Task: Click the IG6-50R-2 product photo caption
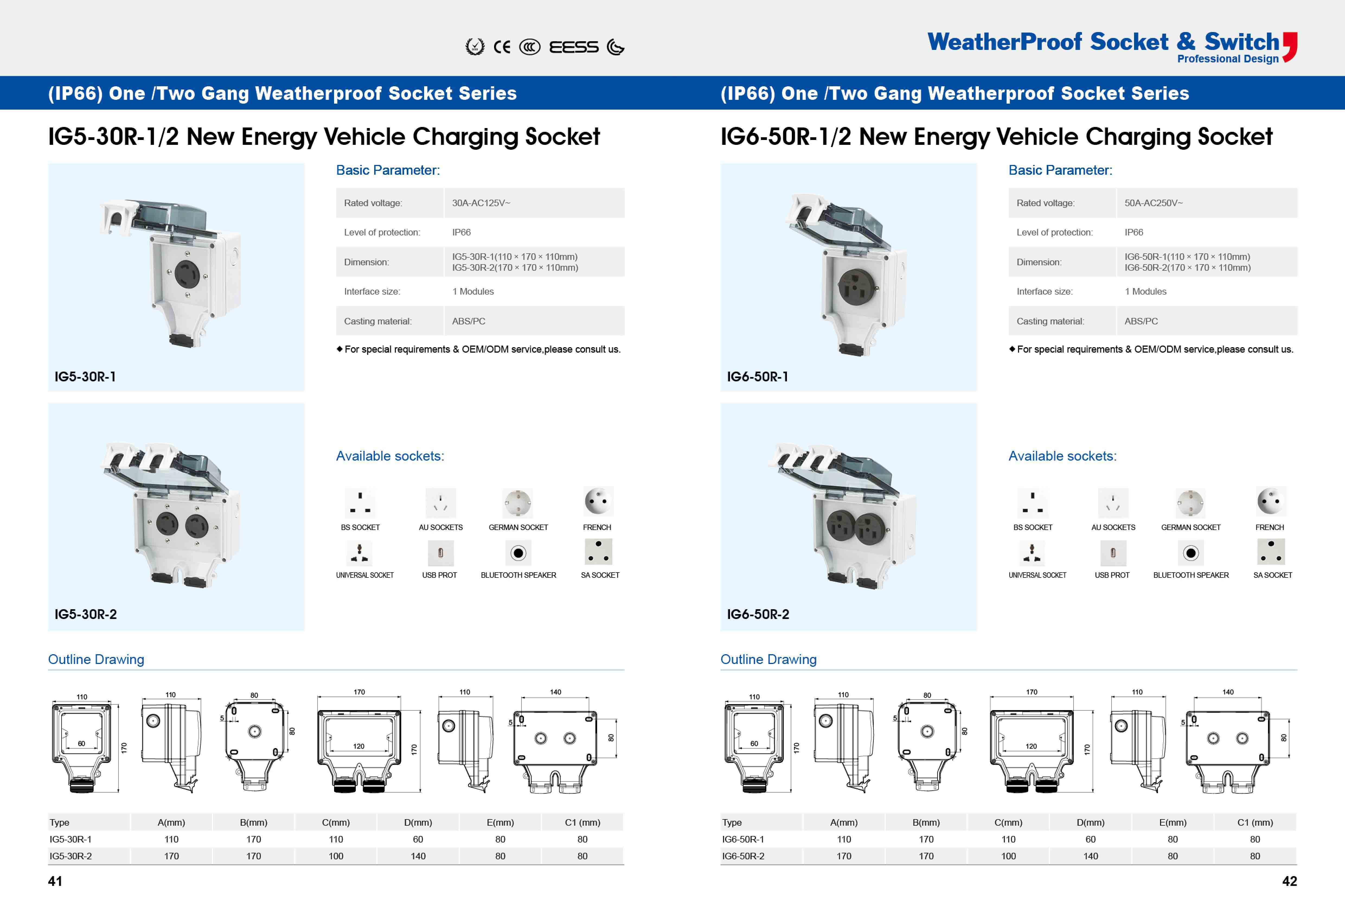point(758,614)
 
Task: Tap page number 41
point(55,881)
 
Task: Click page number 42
point(1289,881)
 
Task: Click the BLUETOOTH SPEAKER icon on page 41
point(518,553)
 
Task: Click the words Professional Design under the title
point(1228,59)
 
